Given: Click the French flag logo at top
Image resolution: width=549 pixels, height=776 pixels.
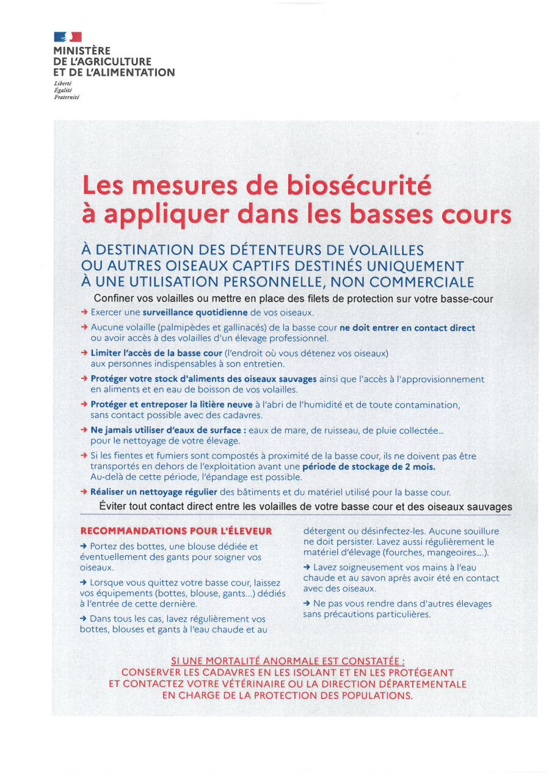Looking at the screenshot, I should coord(68,38).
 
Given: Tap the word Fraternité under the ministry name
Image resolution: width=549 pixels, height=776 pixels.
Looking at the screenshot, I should coord(66,97).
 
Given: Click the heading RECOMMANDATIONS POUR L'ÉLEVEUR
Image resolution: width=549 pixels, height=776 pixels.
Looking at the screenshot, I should coord(176,531).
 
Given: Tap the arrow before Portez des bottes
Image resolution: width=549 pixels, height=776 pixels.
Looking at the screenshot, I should coord(84,547).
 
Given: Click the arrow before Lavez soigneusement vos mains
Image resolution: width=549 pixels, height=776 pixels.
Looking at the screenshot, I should coord(307,567).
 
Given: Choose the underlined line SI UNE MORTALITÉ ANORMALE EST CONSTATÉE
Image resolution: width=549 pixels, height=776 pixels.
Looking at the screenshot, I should coord(288,661).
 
